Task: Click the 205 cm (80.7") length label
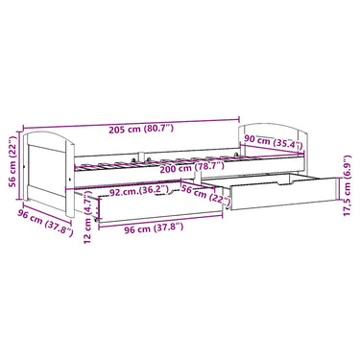click(x=141, y=129)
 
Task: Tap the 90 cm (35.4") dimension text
click(x=274, y=142)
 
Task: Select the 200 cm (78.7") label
click(x=192, y=167)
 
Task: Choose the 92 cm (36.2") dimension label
click(x=138, y=192)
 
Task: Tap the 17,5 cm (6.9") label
click(x=348, y=185)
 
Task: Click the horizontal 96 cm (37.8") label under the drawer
click(x=154, y=228)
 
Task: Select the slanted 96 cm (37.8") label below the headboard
click(x=45, y=222)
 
